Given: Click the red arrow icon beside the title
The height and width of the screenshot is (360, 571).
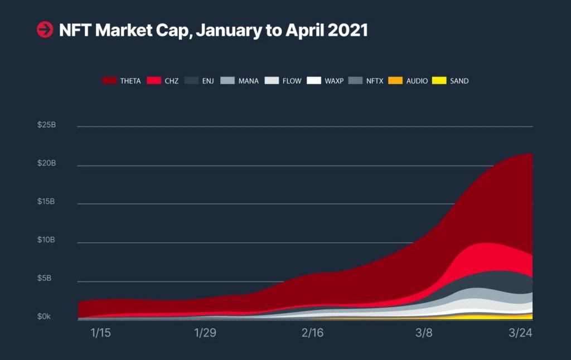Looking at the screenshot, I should (45, 30).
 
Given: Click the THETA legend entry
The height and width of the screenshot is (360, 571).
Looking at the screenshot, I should (122, 81).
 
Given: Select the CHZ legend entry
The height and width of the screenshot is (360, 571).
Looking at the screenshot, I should (163, 81).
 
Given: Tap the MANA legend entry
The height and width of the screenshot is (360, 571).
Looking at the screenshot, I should (240, 81).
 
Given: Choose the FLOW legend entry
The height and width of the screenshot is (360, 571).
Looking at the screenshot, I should (283, 81).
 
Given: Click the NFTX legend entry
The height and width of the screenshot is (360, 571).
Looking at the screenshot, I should (366, 81).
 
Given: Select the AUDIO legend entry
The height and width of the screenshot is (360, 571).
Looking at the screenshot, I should (408, 81).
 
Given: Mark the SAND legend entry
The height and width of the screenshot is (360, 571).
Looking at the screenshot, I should (451, 81).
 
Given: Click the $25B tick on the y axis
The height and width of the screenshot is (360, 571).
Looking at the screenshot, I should (47, 125).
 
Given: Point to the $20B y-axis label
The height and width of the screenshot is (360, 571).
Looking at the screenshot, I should (47, 163).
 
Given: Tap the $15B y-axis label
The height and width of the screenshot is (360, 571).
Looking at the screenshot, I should (47, 201).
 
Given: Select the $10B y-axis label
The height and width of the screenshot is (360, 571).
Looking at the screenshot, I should (47, 240).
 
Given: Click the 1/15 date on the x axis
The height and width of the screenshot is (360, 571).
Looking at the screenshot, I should (101, 333).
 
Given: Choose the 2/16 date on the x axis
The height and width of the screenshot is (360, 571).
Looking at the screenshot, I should (312, 333).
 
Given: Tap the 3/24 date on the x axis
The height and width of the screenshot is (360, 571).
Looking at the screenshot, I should (521, 333).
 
